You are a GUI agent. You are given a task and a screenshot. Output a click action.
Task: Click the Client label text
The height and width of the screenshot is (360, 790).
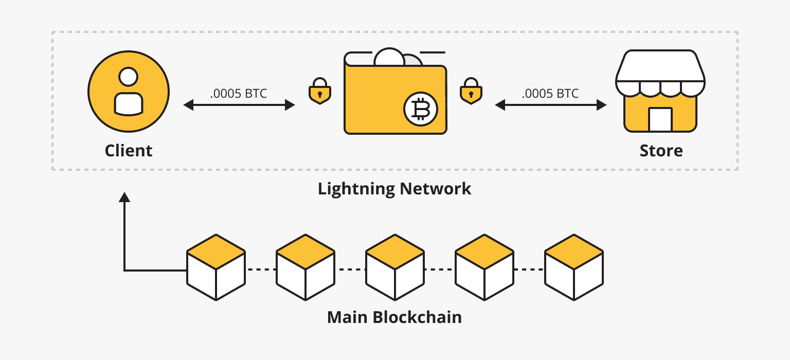click(129, 151)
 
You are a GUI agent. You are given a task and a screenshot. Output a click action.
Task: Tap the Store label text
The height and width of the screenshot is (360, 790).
click(661, 151)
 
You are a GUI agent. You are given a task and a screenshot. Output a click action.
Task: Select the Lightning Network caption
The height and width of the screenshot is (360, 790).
click(394, 189)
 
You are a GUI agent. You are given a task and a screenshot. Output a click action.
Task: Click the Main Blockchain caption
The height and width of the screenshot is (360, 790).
click(394, 317)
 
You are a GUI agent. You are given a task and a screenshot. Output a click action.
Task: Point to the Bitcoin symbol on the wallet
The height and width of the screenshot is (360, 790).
click(420, 110)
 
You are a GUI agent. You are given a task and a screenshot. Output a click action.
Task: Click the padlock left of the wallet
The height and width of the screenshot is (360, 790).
click(319, 92)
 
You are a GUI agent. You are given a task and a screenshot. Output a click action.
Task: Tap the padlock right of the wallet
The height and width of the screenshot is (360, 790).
click(470, 92)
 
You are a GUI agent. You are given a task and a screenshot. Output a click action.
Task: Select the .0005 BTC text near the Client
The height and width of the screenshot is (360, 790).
click(239, 94)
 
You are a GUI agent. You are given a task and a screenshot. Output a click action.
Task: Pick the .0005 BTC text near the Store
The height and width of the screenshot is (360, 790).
click(550, 94)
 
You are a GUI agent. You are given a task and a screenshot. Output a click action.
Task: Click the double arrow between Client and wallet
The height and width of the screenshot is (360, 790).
click(239, 105)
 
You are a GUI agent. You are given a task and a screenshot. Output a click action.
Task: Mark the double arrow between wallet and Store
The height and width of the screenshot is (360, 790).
click(551, 105)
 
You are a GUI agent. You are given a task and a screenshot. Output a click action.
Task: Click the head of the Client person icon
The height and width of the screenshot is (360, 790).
click(128, 77)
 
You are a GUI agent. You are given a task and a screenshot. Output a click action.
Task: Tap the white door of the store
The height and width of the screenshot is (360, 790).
click(660, 119)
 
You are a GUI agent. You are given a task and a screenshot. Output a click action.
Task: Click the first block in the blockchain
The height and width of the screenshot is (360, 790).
click(216, 267)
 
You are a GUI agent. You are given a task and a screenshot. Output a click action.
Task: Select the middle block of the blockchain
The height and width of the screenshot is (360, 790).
click(395, 267)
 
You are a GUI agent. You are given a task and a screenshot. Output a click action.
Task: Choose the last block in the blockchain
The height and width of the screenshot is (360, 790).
click(574, 267)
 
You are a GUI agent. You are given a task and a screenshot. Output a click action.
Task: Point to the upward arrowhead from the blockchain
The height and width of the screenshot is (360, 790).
click(124, 197)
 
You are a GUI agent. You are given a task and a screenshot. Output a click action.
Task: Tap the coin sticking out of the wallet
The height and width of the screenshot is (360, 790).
click(390, 57)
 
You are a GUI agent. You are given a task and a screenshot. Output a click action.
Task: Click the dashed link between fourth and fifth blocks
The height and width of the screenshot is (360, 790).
click(529, 269)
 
